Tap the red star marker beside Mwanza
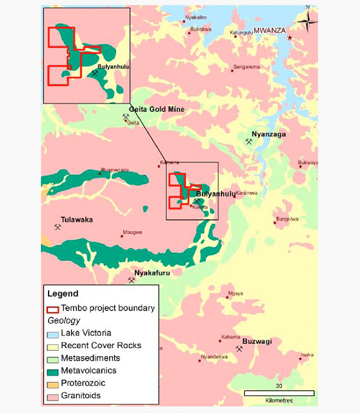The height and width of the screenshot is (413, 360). [x=290, y=38]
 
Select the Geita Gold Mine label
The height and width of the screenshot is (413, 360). [x=157, y=110]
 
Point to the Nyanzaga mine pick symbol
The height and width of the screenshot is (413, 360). [x=249, y=142]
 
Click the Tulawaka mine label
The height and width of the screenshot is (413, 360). [x=76, y=220]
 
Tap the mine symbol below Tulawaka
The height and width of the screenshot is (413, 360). [x=58, y=228]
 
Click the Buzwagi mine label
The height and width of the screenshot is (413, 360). [x=256, y=342]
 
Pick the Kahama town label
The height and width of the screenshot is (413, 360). [x=230, y=337]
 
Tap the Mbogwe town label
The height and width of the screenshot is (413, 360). [x=133, y=232]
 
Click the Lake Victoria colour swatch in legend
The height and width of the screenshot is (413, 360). [x=53, y=333]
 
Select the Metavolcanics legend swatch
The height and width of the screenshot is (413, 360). [x=53, y=370]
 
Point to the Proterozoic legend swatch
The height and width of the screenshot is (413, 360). [x=53, y=383]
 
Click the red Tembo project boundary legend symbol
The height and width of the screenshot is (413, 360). [x=53, y=308]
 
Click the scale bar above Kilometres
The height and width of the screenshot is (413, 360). [x=279, y=393]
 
